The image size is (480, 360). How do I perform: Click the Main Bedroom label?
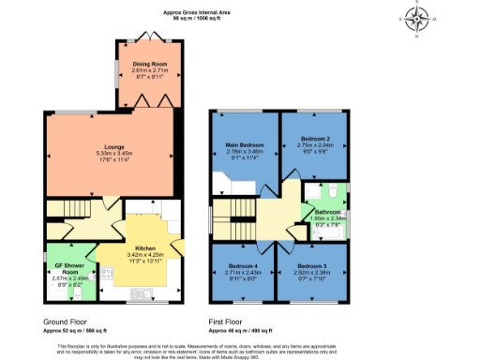[x=245, y=145]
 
